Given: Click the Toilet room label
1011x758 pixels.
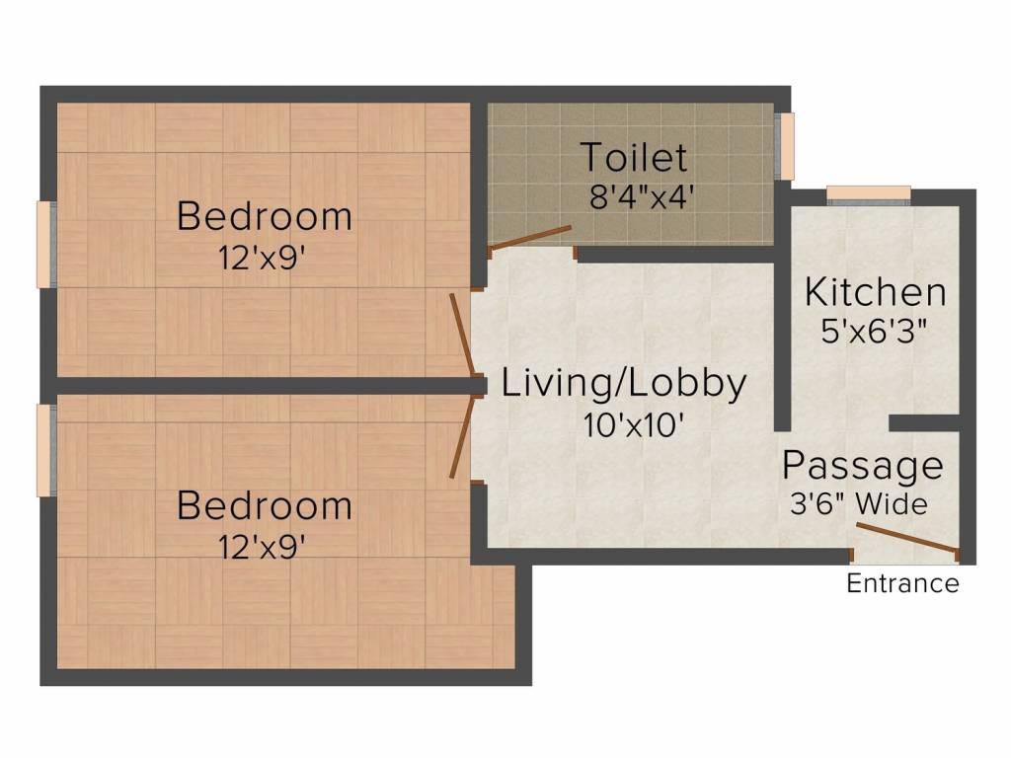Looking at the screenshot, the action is (x=634, y=157).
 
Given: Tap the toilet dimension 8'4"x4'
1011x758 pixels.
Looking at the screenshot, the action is (x=642, y=196).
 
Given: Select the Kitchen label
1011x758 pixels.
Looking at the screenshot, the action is (x=875, y=292).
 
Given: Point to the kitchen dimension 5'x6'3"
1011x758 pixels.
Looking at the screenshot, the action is (x=874, y=332).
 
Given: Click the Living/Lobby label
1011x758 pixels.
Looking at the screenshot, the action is (x=624, y=383).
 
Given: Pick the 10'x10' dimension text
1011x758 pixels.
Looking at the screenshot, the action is (x=633, y=424).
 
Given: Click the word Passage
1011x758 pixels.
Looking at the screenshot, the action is (x=863, y=466).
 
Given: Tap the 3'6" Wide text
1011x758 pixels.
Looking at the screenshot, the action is (x=859, y=503).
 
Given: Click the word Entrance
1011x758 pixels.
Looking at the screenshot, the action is (x=902, y=583).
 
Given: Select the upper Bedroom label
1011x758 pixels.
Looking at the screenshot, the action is (x=265, y=216).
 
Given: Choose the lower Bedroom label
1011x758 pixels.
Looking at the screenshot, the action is (x=265, y=505).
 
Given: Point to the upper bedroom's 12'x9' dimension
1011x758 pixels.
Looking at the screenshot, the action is (x=261, y=259).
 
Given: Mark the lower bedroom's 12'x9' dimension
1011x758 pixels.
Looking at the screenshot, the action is (x=261, y=548).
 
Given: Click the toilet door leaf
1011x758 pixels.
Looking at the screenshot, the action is (x=530, y=237).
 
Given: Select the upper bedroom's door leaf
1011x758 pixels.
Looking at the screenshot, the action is (x=463, y=335).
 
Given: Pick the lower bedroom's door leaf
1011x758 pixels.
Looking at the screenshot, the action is (x=463, y=436).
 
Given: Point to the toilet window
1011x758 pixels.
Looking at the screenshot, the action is (x=785, y=146).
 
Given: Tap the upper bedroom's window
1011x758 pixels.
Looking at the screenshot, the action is (x=46, y=245).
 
